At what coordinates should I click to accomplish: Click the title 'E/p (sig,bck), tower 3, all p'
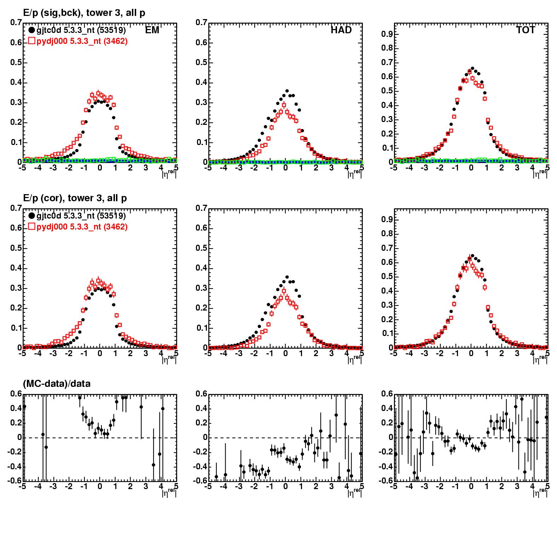pos(84,13)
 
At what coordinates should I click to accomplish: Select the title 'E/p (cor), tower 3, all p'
pos(75,198)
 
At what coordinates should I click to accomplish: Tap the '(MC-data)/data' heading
pos(57,383)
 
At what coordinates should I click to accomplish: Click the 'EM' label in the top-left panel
pos(152,30)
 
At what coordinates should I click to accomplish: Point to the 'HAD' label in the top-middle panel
pos(341,30)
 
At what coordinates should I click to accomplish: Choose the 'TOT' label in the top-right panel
pos(526,30)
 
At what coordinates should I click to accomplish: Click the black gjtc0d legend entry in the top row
pos(77,30)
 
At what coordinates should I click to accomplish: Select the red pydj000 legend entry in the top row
pos(78,41)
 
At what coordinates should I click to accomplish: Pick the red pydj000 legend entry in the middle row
pos(78,227)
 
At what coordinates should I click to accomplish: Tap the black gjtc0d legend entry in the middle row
pos(77,216)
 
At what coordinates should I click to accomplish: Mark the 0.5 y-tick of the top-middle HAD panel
pos(201,63)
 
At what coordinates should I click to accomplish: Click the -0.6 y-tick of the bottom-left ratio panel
pos(14,481)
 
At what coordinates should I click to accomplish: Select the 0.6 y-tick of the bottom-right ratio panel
pos(387,394)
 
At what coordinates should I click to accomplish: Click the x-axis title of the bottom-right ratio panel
pos(540,492)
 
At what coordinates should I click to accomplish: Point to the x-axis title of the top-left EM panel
pos(169,173)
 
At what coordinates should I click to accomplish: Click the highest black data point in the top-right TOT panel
pos(472,69)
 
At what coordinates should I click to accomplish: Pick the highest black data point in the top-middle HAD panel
pos(287,91)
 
